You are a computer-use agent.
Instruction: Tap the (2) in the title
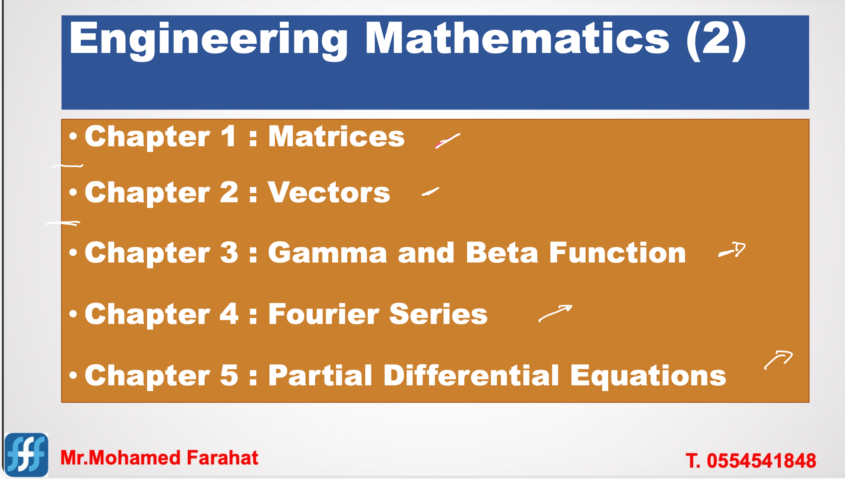click(x=716, y=40)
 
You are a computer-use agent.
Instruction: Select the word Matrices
click(x=336, y=136)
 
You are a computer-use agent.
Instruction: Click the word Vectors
click(x=329, y=192)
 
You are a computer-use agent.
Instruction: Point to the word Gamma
click(x=327, y=253)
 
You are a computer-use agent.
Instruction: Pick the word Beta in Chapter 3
click(x=502, y=252)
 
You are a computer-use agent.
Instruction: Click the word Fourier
click(x=323, y=314)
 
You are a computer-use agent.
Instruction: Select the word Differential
click(x=471, y=375)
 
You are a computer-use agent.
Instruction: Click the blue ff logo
click(x=26, y=455)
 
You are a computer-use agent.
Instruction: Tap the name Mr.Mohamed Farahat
click(x=159, y=458)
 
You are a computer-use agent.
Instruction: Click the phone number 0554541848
click(x=761, y=461)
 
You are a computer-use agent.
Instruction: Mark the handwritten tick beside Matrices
click(x=448, y=141)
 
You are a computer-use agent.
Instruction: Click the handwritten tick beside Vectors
click(x=430, y=192)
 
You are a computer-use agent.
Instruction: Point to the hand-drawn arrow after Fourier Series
click(x=555, y=313)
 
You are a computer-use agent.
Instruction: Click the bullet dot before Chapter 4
click(x=73, y=314)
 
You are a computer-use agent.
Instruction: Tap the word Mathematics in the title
click(x=517, y=40)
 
